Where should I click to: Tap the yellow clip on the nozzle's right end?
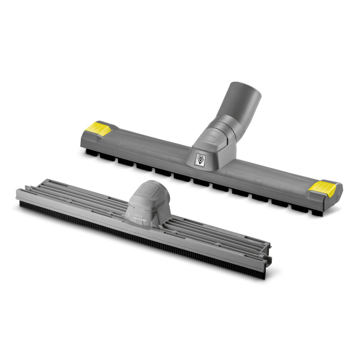pyautogui.click(x=323, y=187)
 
